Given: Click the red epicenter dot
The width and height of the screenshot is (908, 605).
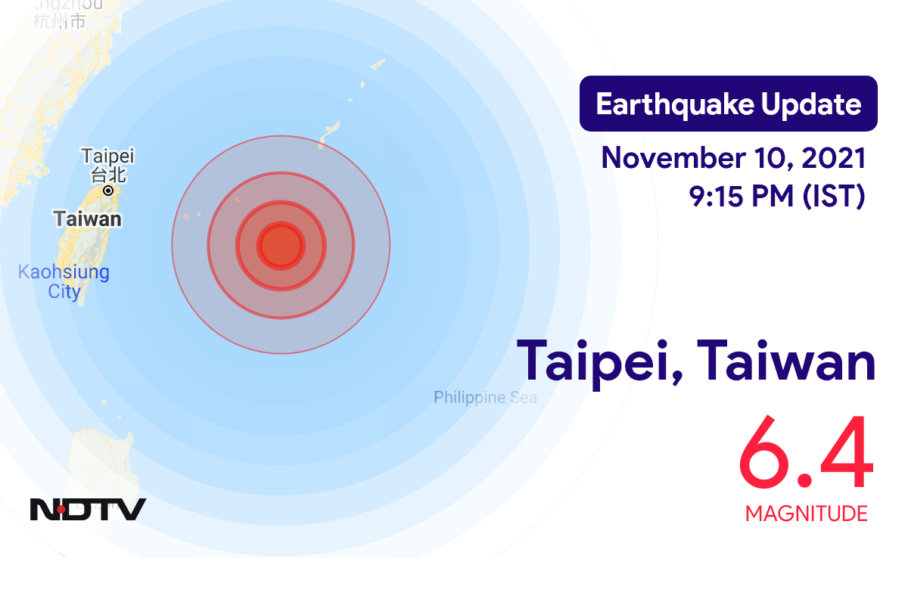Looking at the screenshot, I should pyautogui.click(x=281, y=245).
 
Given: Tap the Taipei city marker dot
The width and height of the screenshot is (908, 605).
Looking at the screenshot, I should pyautogui.click(x=108, y=191).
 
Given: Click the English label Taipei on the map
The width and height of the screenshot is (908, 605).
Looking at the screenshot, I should pyautogui.click(x=107, y=157).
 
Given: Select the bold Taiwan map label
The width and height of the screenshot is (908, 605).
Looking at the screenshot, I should pyautogui.click(x=87, y=219).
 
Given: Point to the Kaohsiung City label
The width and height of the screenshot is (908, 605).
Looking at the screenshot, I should pyautogui.click(x=64, y=281).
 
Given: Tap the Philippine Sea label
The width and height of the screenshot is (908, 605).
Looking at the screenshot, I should pyautogui.click(x=485, y=397).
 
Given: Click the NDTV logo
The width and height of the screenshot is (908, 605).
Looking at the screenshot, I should pyautogui.click(x=88, y=509).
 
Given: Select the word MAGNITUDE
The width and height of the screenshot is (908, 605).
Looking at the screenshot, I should pyautogui.click(x=806, y=514).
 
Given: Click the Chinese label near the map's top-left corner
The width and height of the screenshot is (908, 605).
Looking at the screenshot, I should pyautogui.click(x=59, y=21).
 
